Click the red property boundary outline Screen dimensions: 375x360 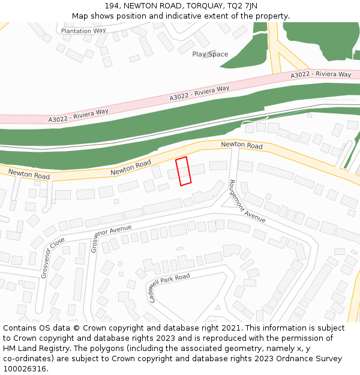[183, 171]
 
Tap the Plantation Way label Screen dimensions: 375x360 [83, 31]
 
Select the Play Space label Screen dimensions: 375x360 [210, 54]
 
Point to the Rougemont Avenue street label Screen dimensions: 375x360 [247, 201]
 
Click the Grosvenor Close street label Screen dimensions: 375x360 [53, 257]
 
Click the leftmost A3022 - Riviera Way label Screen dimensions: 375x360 [79, 116]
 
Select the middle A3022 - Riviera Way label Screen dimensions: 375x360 [199, 93]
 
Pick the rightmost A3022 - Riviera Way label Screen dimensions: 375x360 [321, 75]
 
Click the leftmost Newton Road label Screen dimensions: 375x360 [29, 174]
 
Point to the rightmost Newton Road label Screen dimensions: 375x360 [242, 145]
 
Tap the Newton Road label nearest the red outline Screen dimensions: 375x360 [131, 168]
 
